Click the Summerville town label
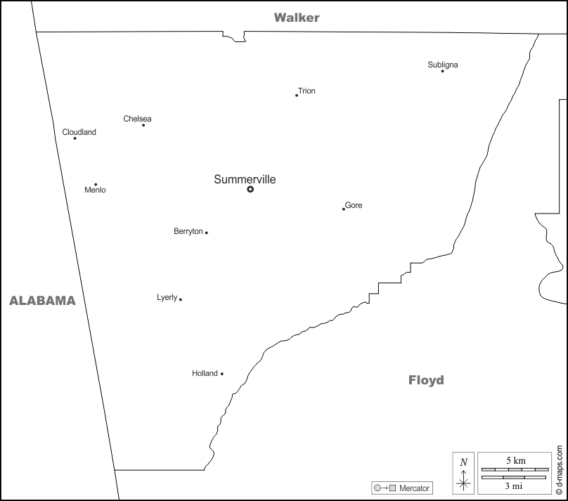(x=245, y=180)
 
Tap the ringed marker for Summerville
(x=250, y=189)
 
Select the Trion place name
(x=306, y=91)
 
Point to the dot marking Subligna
(x=442, y=71)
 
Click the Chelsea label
(x=137, y=119)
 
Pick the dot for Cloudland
(x=75, y=138)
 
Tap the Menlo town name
(x=95, y=190)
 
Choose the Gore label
(x=354, y=205)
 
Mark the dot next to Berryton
(x=206, y=233)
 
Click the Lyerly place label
(x=167, y=298)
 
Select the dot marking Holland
(x=222, y=374)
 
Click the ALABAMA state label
(x=42, y=301)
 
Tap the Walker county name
(x=297, y=18)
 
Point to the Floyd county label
(x=426, y=380)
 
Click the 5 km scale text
(x=515, y=460)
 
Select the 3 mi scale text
(x=514, y=485)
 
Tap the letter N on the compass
(x=463, y=462)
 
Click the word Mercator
(x=415, y=488)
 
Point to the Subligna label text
(x=443, y=65)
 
